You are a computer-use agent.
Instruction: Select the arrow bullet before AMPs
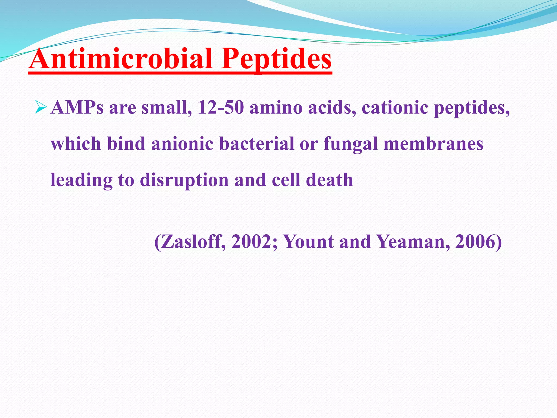pyautogui.click(x=41, y=107)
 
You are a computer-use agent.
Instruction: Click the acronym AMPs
pyautogui.click(x=77, y=107)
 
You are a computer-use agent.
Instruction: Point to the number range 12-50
pyautogui.click(x=220, y=107)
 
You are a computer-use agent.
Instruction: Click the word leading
pyautogui.click(x=81, y=180)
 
